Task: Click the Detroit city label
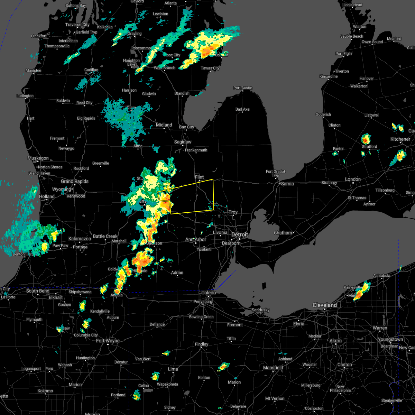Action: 240,235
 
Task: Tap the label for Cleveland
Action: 324,305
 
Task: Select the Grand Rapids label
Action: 75,181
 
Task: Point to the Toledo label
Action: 209,293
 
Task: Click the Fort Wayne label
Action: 108,341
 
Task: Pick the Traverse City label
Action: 77,25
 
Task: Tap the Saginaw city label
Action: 183,142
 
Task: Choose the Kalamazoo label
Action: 80,239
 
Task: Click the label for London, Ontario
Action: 353,179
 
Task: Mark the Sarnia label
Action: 287,184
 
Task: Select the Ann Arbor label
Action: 196,240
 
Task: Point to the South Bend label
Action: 38,291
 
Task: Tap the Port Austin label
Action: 243,88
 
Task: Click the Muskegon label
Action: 38,158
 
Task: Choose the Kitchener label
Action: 400,139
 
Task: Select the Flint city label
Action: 200,177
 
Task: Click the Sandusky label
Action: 260,310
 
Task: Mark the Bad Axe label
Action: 242,110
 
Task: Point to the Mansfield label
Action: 273,368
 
